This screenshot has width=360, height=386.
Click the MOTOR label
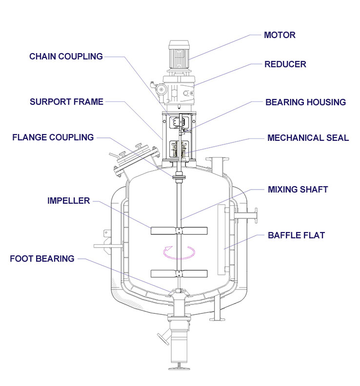point(280,35)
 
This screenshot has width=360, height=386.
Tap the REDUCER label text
point(285,64)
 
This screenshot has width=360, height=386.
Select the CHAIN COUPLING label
point(66,57)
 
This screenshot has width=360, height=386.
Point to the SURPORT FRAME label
point(66,102)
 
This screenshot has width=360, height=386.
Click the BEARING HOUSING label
point(305,102)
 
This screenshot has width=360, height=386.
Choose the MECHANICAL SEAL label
point(308,138)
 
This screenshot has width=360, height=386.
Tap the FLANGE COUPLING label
point(53,137)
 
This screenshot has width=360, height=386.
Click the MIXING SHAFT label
point(298,189)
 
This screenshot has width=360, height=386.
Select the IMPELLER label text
point(68,201)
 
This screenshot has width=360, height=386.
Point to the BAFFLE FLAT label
point(297,235)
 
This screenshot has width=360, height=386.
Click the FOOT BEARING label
point(42,259)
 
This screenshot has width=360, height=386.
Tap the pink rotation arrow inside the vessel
point(179,253)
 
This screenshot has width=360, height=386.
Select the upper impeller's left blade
point(163,231)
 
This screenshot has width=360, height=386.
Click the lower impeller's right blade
point(195,273)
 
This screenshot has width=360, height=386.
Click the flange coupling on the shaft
point(179,177)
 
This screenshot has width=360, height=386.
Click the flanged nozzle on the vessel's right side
point(246,215)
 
